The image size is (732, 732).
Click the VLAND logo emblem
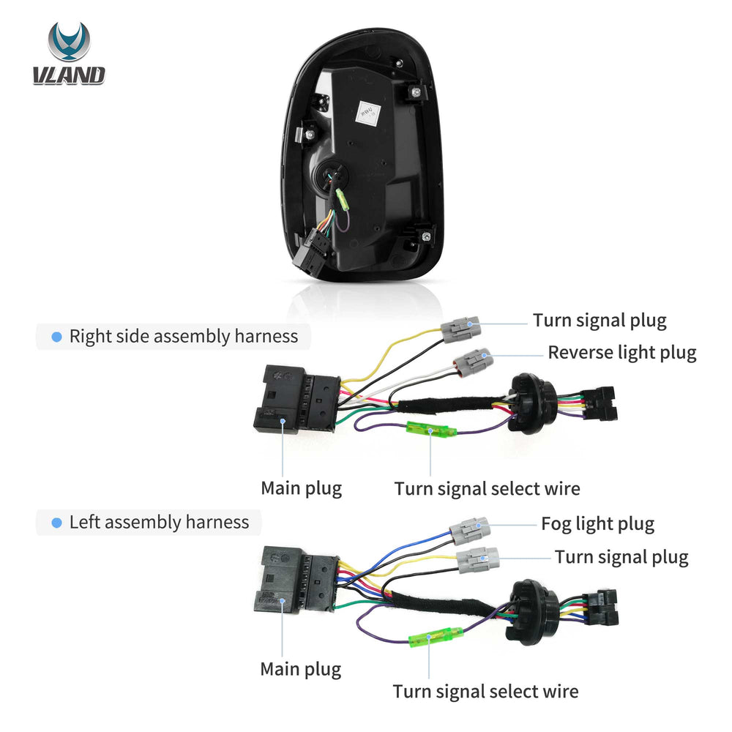click(x=69, y=41)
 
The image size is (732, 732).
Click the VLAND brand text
click(x=69, y=75)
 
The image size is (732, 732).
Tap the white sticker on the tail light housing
click(x=368, y=113)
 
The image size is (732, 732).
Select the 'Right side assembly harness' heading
click(x=184, y=336)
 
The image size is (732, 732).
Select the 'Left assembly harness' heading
click(x=159, y=522)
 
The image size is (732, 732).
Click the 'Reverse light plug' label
click(x=621, y=353)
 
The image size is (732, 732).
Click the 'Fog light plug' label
click(x=597, y=524)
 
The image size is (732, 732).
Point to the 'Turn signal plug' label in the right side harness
click(x=600, y=321)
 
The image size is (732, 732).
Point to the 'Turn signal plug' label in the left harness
click(x=621, y=557)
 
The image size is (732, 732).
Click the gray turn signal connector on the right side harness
click(x=460, y=329)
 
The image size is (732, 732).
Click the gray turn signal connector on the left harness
click(x=477, y=560)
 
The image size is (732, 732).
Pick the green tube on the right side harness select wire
click(x=430, y=429)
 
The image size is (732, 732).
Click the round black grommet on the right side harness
click(x=532, y=403)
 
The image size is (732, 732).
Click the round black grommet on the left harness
click(x=532, y=611)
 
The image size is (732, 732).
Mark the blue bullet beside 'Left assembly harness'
click(x=56, y=523)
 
